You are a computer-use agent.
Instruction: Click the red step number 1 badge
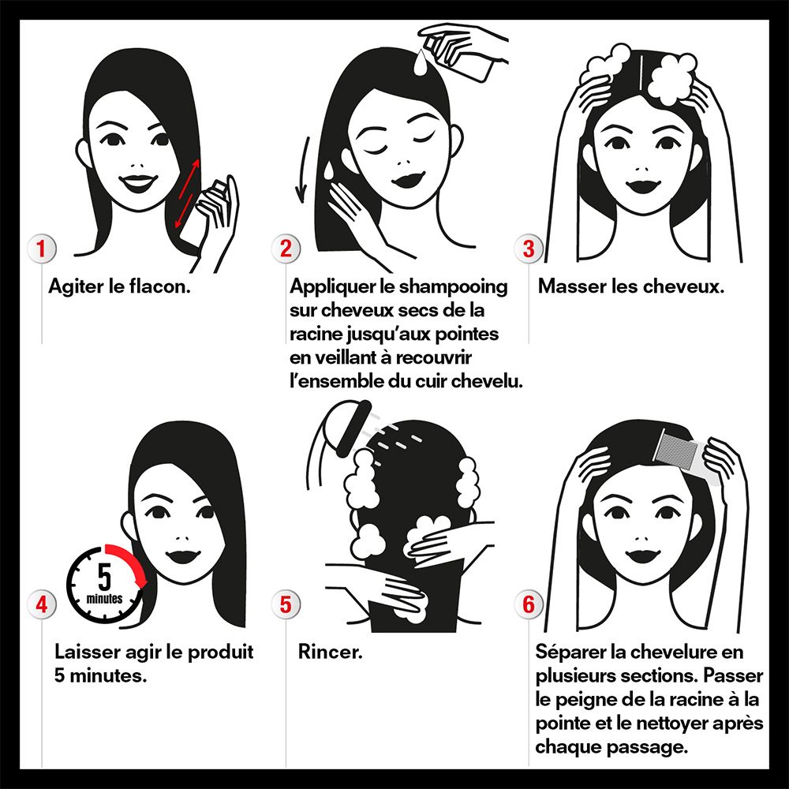(41, 249)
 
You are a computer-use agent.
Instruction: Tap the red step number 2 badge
(286, 249)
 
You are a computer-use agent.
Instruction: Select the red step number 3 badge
(529, 249)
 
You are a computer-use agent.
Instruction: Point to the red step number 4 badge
(41, 604)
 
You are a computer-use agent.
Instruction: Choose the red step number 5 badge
(286, 604)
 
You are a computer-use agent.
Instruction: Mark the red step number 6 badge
(529, 604)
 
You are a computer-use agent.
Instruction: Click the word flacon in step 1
(159, 286)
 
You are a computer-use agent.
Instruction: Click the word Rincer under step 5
(330, 652)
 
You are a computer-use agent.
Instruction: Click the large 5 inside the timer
(104, 578)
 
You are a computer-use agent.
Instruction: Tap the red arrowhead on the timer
(142, 583)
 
